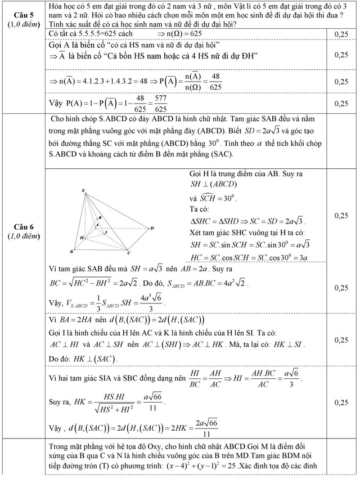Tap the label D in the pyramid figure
click(x=151, y=228)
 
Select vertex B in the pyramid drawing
click(x=71, y=252)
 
